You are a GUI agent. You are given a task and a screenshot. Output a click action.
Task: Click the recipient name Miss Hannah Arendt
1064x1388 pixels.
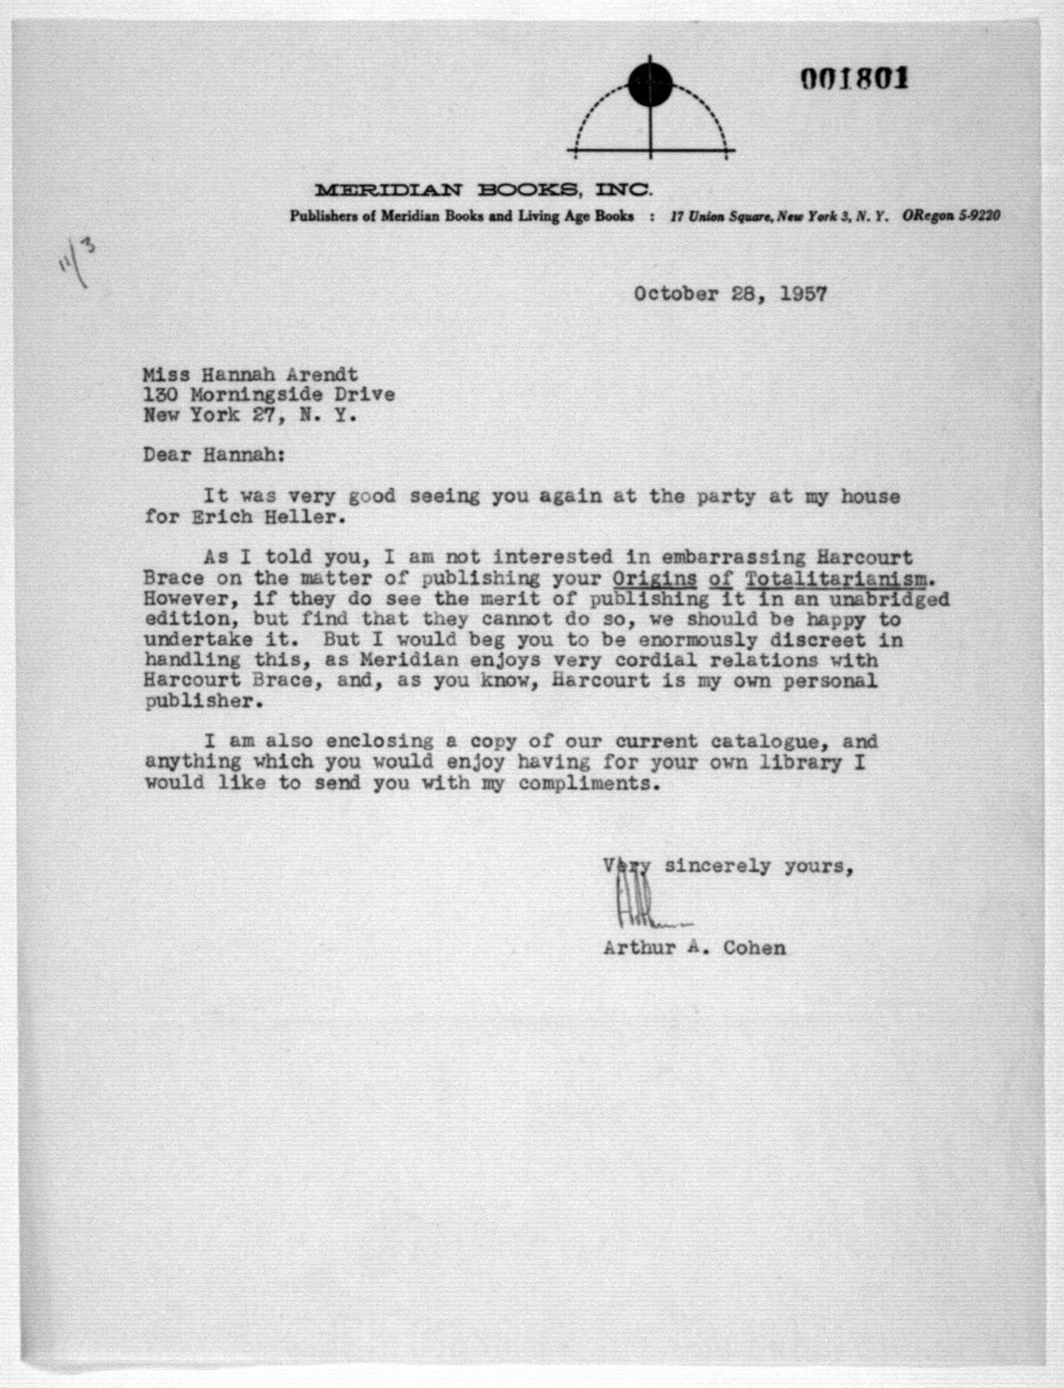point(250,375)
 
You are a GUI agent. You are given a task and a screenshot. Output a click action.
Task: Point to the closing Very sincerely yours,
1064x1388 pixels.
point(728,866)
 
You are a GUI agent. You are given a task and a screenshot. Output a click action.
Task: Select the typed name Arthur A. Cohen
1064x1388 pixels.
point(694,948)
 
